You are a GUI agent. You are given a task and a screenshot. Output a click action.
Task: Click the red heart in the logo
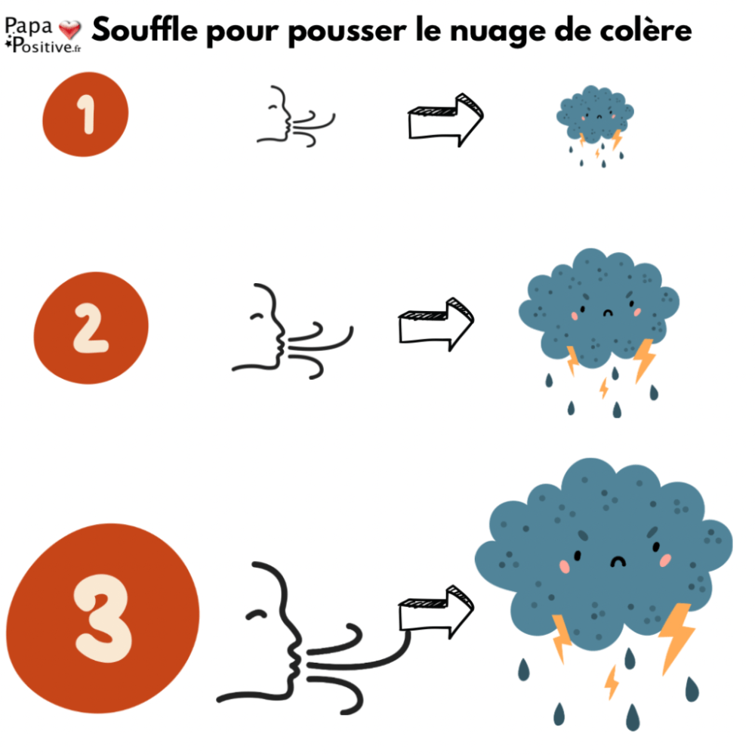[69, 29]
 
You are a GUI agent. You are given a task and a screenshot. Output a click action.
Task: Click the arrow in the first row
[445, 119]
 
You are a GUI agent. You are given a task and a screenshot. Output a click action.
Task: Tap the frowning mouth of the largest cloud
[618, 561]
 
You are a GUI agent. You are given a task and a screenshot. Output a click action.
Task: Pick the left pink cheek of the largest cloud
[563, 565]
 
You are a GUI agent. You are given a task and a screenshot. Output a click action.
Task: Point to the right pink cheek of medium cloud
[637, 312]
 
